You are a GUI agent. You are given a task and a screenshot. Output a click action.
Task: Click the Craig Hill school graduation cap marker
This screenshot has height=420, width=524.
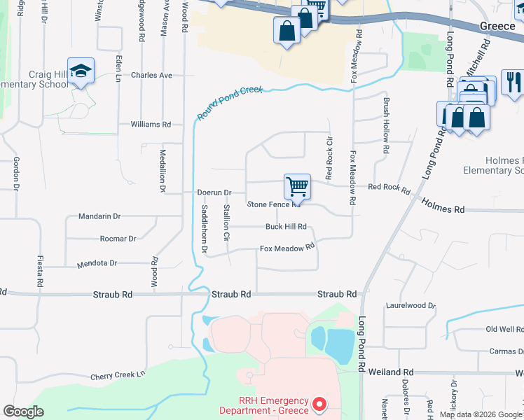click(x=81, y=71)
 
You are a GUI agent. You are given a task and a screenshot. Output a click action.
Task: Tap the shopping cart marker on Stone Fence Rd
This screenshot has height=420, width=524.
click(x=297, y=187)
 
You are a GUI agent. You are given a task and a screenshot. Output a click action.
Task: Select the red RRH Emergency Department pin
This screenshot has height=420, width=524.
click(x=319, y=404)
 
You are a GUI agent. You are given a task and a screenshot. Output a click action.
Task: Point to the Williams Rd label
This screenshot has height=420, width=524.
click(x=151, y=125)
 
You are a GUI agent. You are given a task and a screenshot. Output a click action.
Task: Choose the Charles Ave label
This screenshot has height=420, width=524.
click(x=151, y=75)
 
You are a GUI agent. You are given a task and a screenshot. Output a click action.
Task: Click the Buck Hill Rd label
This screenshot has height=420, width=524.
click(x=286, y=226)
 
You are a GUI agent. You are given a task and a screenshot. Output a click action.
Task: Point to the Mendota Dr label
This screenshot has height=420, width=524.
click(x=97, y=264)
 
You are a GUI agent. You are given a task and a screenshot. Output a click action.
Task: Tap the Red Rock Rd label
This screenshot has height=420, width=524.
click(x=389, y=187)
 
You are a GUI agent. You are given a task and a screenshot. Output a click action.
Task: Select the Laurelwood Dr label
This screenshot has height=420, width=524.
click(x=411, y=306)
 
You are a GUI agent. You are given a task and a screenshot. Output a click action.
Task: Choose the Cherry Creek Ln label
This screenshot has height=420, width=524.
click(x=118, y=376)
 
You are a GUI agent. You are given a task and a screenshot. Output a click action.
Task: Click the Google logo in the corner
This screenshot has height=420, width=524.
click(x=23, y=412)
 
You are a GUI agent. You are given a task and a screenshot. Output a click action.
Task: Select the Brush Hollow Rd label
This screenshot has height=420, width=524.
click(x=386, y=125)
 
